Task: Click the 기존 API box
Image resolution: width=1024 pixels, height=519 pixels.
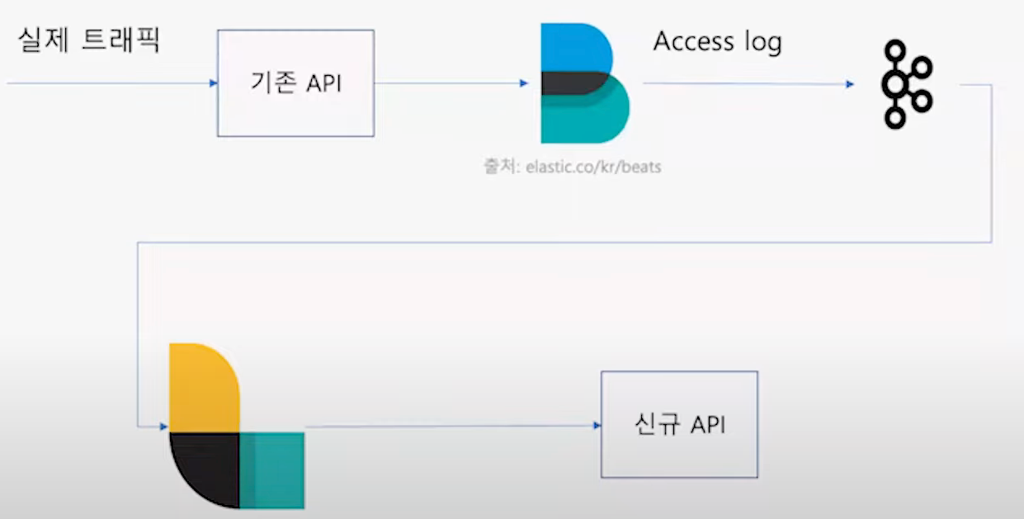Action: point(295,83)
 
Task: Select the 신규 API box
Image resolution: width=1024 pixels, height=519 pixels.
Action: point(679,424)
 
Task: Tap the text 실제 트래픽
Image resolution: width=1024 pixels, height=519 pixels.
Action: point(88,39)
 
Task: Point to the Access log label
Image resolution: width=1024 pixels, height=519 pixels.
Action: point(717,41)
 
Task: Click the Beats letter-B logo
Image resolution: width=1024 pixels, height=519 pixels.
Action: point(583,83)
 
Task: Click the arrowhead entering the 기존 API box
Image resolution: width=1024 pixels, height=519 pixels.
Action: point(213,83)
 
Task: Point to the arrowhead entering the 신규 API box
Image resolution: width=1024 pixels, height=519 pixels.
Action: point(596,426)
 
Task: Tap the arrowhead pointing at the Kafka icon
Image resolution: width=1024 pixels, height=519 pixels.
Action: point(850,84)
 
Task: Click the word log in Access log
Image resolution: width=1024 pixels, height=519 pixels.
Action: point(763,43)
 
